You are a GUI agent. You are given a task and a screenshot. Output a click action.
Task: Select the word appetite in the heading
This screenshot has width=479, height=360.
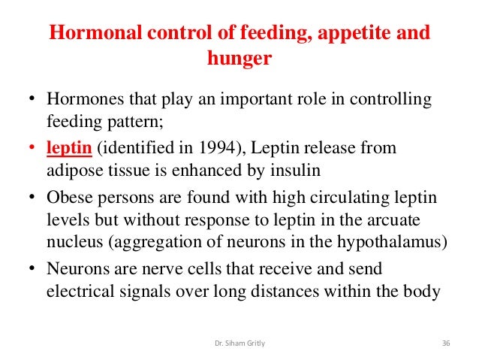point(348,34)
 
